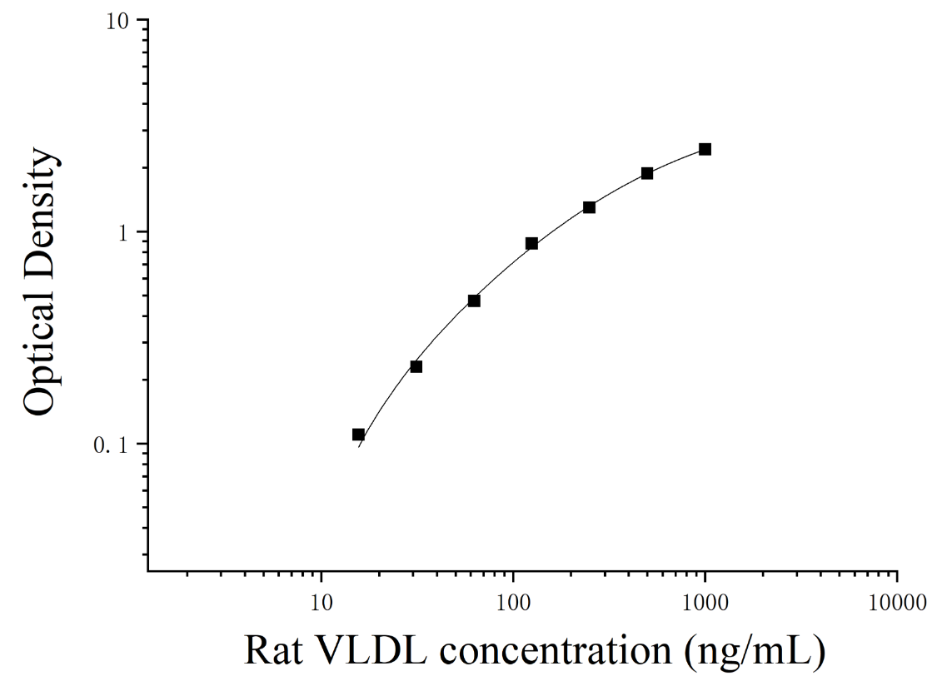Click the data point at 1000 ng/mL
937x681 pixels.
705,149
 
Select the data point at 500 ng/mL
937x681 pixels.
647,173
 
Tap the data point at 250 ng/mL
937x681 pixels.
589,207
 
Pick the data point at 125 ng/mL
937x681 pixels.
532,243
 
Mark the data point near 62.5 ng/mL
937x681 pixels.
474,301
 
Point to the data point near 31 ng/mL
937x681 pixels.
416,366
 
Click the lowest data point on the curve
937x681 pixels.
358,435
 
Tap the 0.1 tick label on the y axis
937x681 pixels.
111,445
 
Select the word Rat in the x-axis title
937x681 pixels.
272,650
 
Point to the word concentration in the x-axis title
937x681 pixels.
556,650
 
